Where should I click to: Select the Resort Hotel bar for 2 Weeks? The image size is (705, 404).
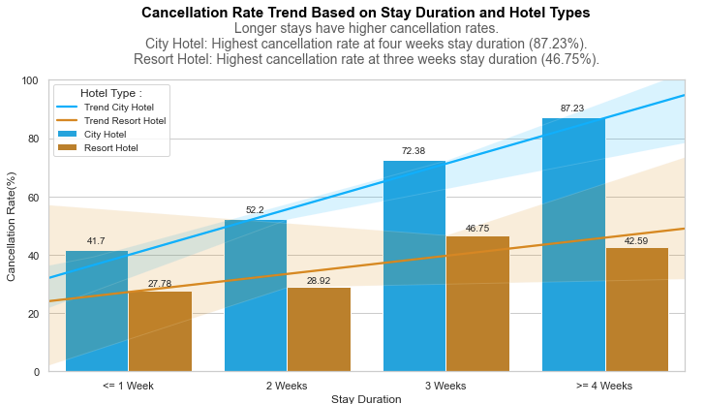tap(319, 329)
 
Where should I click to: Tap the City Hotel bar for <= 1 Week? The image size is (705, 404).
tap(97, 311)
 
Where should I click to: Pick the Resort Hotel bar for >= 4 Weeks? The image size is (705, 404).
tap(636, 310)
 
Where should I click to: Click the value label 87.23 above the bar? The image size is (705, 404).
tap(572, 109)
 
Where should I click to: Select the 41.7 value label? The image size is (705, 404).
tap(96, 241)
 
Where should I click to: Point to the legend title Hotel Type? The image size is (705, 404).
tap(111, 93)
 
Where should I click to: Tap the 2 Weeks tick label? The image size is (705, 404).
tap(287, 386)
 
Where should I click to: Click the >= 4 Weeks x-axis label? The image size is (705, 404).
tap(604, 386)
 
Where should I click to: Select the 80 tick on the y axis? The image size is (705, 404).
tap(31, 140)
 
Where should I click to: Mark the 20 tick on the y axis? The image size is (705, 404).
tap(31, 314)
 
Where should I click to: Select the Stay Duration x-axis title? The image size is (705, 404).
tap(365, 398)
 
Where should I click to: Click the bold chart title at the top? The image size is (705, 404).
tap(365, 13)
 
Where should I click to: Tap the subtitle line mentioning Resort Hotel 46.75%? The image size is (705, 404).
tap(365, 59)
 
